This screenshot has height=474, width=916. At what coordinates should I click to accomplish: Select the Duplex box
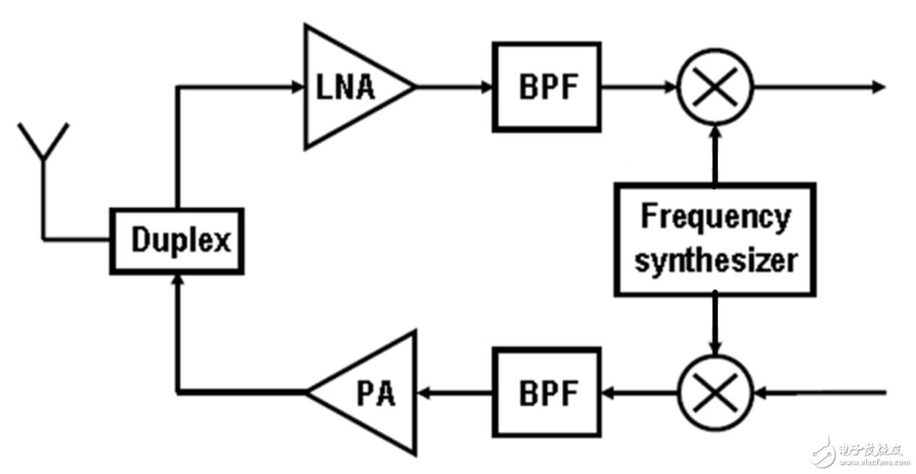pyautogui.click(x=177, y=241)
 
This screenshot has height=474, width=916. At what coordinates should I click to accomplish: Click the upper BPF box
pyautogui.click(x=547, y=87)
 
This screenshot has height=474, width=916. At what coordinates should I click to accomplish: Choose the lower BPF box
pyautogui.click(x=547, y=393)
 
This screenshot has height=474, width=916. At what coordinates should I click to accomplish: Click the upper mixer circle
pyautogui.click(x=715, y=87)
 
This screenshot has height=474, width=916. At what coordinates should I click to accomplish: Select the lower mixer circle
pyautogui.click(x=715, y=393)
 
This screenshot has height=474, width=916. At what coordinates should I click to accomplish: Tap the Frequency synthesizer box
pyautogui.click(x=715, y=239)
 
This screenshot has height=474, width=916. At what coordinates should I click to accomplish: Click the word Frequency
pyautogui.click(x=715, y=217)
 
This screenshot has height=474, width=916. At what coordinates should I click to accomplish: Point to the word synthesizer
pyautogui.click(x=715, y=260)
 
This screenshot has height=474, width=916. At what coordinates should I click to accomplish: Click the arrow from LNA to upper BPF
pyautogui.click(x=455, y=87)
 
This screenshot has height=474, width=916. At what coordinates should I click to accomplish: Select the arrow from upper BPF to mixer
pyautogui.click(x=639, y=87)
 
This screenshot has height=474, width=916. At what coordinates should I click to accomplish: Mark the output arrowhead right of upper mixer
pyautogui.click(x=878, y=87)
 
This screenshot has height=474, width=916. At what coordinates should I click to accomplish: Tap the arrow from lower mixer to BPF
pyautogui.click(x=639, y=393)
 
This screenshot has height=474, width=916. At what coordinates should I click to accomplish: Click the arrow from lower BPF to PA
pyautogui.click(x=455, y=393)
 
